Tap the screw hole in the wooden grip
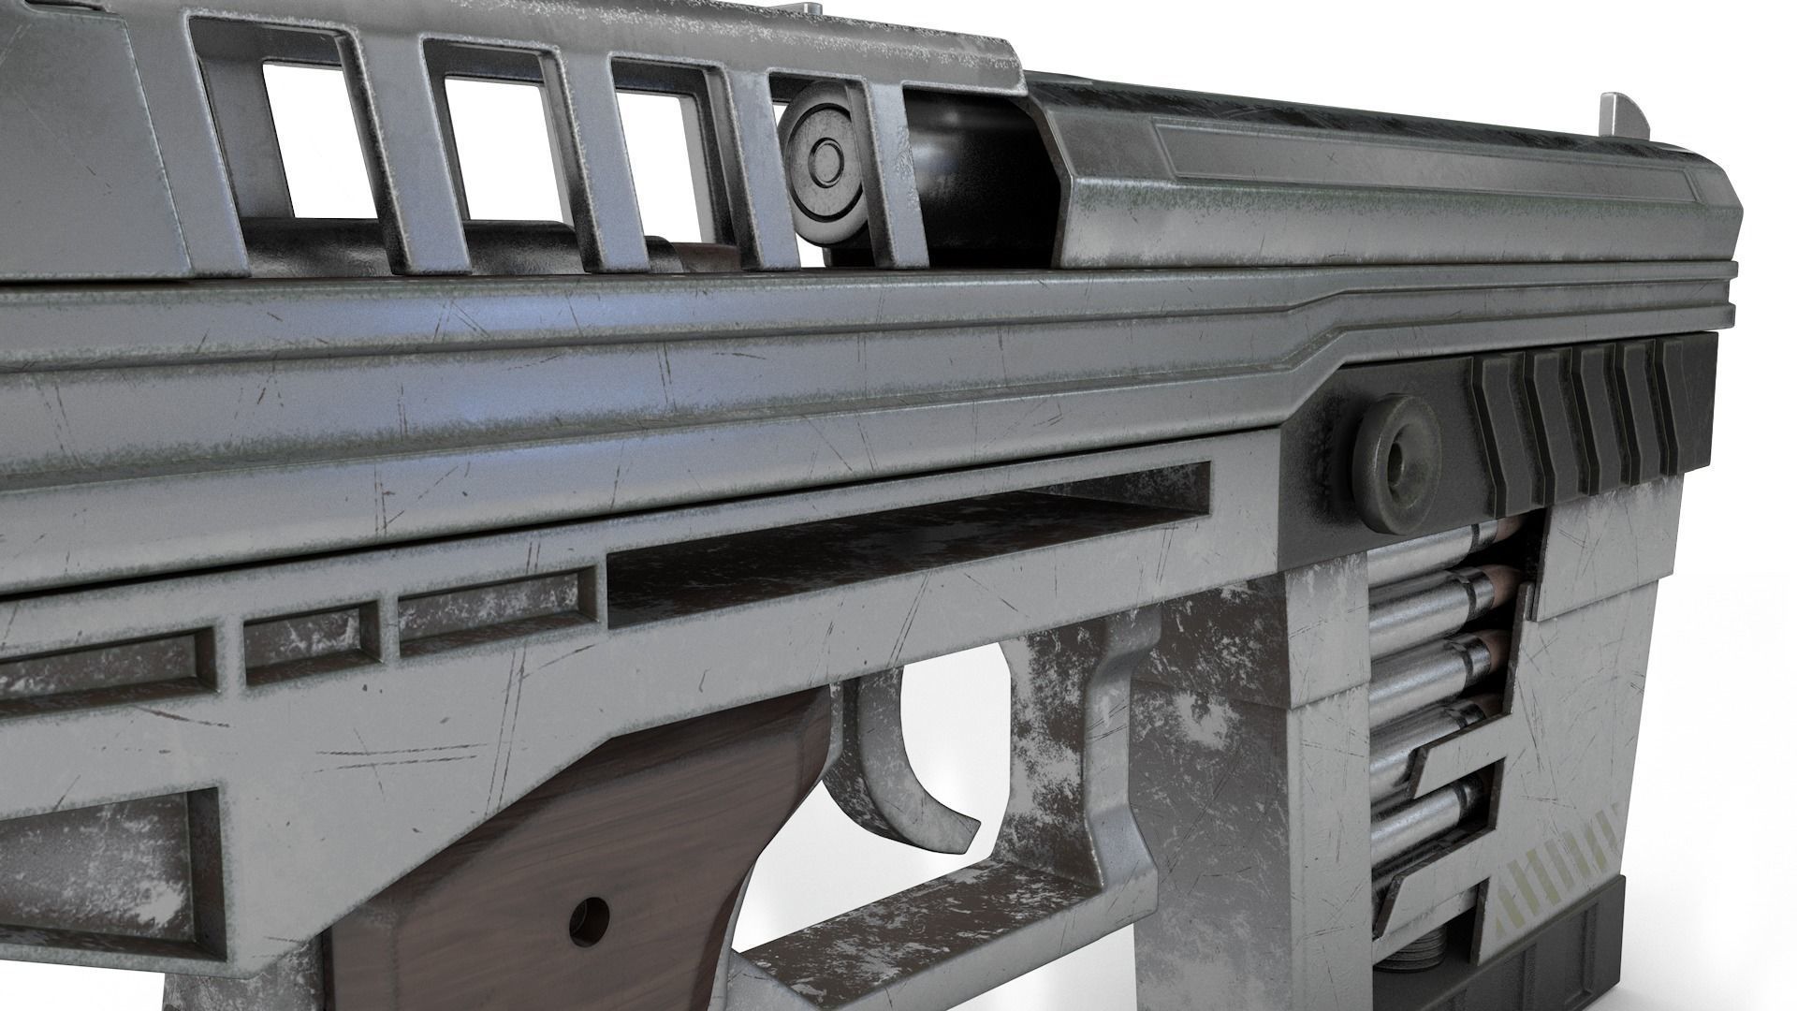coord(591,910)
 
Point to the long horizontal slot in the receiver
coord(898,543)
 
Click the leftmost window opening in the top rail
coord(318,140)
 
